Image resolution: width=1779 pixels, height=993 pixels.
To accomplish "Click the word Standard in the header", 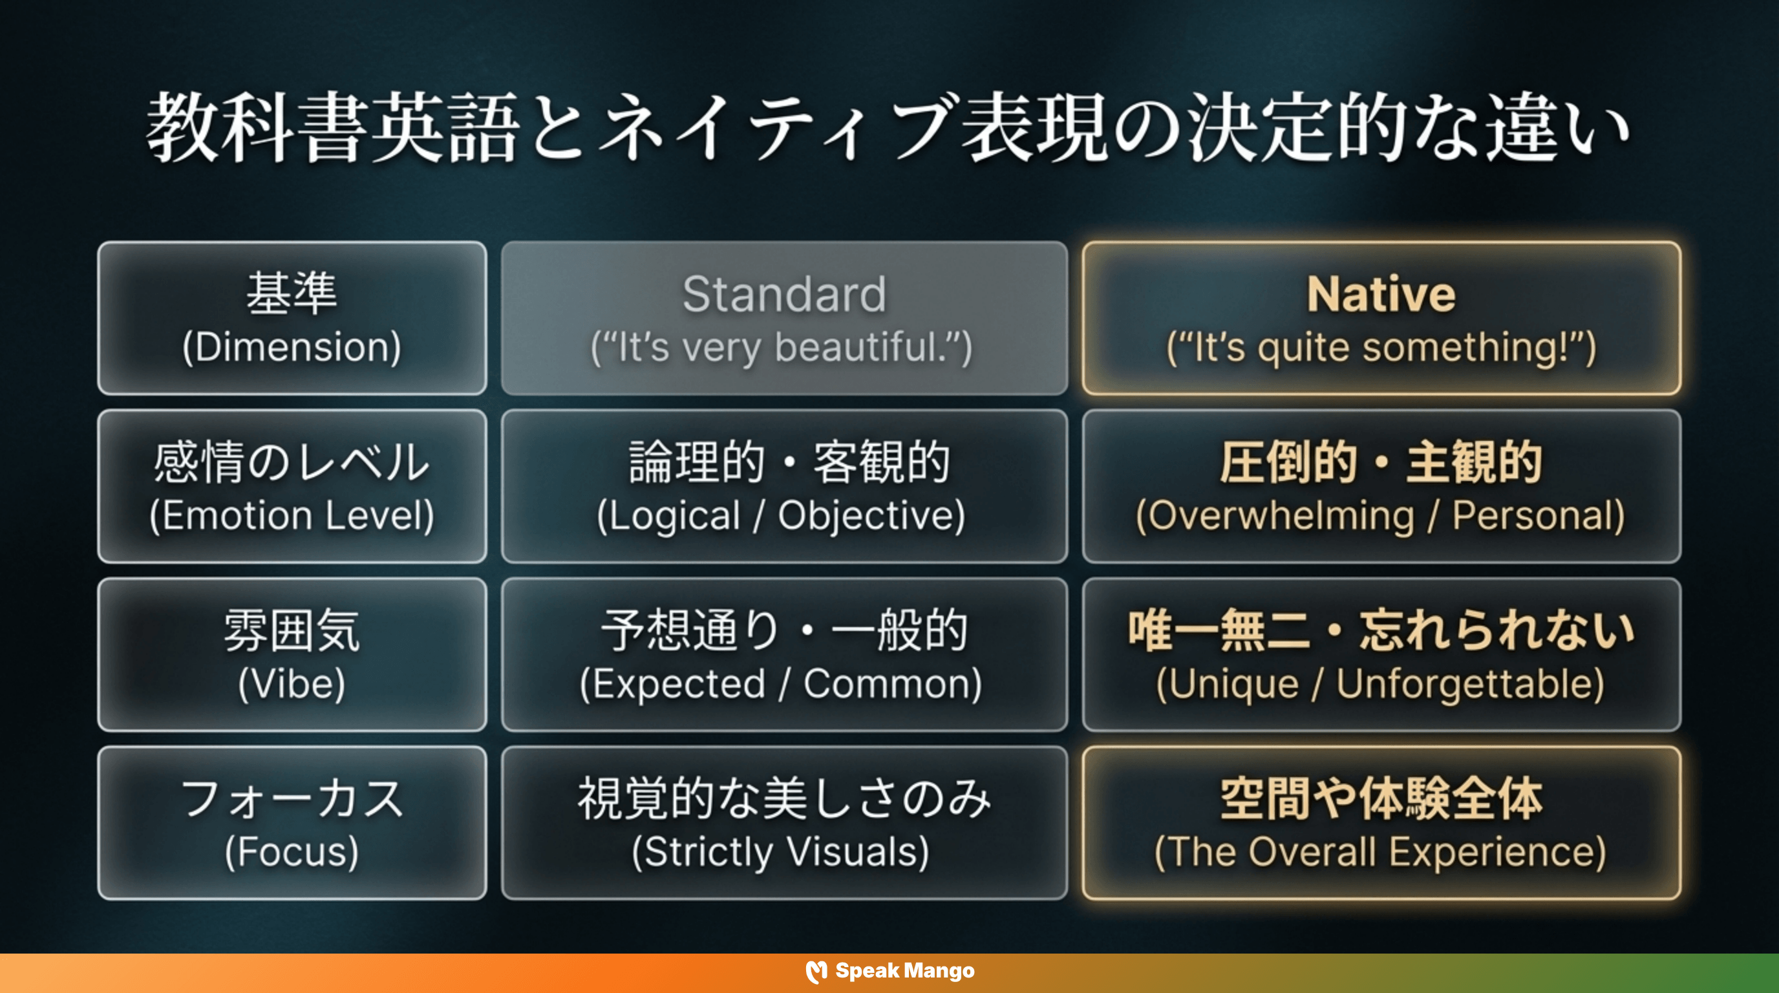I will point(784,294).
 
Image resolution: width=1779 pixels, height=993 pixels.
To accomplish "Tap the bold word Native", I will point(1381,294).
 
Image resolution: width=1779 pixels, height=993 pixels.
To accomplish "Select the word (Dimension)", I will point(292,347).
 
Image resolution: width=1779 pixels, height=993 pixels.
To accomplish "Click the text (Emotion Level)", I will point(292,516).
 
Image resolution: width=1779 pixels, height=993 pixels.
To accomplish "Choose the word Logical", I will point(674,516).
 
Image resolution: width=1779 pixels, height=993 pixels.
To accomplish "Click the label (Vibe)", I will point(292,685).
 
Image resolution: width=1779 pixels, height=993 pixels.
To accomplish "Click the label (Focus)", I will point(292,852).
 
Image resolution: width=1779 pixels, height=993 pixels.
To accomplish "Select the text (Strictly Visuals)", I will point(780,852).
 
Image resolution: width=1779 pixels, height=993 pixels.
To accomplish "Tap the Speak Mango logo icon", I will point(816,972).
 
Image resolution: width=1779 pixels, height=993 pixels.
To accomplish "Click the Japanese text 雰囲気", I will point(292,631).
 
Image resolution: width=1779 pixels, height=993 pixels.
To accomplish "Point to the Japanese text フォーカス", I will point(292,800).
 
